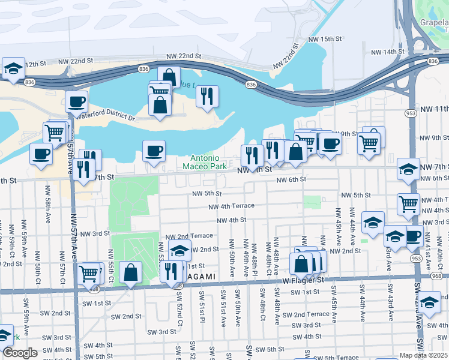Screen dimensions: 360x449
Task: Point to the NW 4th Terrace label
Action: point(231,206)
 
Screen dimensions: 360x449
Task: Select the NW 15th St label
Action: point(324,39)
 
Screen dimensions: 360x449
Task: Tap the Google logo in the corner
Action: point(20,353)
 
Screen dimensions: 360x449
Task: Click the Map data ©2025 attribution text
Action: point(424,355)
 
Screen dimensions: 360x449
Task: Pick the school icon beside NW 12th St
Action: point(13,68)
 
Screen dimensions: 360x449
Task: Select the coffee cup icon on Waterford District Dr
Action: point(76,101)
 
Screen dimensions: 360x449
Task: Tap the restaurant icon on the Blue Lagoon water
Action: point(207,95)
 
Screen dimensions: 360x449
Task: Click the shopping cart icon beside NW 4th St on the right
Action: point(408,204)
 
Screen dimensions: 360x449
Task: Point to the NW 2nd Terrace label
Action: point(190,236)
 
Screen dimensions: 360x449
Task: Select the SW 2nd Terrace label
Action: point(306,314)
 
